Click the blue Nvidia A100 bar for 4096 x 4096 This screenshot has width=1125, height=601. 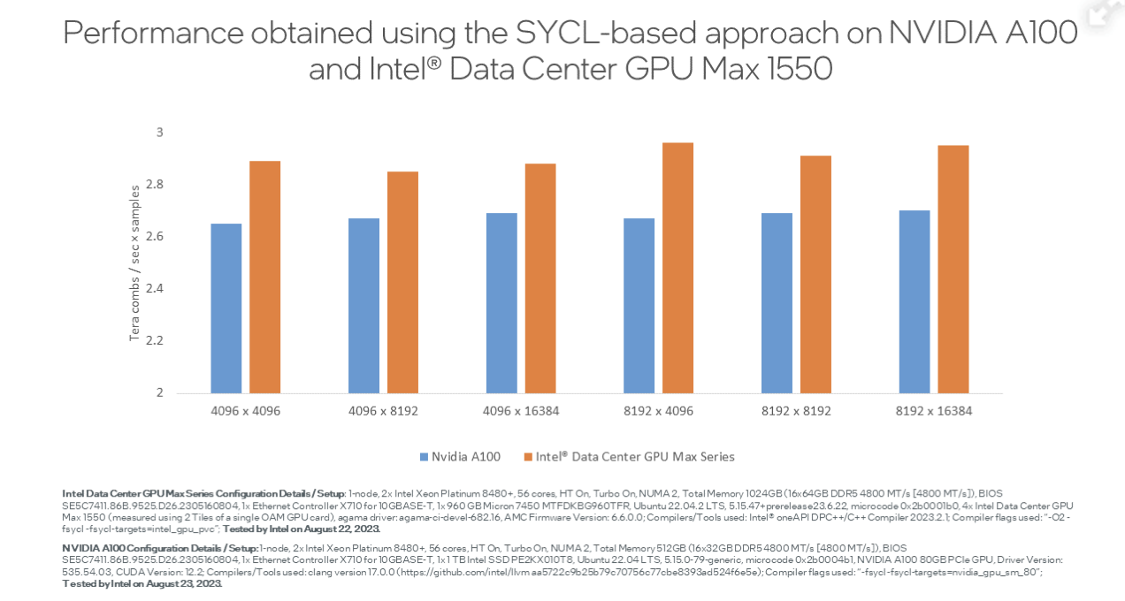pyautogui.click(x=226, y=308)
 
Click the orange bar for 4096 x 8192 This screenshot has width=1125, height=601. pyautogui.click(x=402, y=282)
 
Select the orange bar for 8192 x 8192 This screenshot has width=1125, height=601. pyautogui.click(x=815, y=274)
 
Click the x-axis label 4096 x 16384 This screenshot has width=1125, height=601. pyautogui.click(x=522, y=411)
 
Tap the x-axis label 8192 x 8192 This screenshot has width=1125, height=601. pyautogui.click(x=797, y=411)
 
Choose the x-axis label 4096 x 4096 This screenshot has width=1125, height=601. pyautogui.click(x=246, y=411)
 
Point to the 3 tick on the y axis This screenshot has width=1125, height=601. pyautogui.click(x=160, y=133)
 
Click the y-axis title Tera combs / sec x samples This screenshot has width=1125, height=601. pyautogui.click(x=134, y=262)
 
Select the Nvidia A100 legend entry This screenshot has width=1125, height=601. pyautogui.click(x=465, y=457)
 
